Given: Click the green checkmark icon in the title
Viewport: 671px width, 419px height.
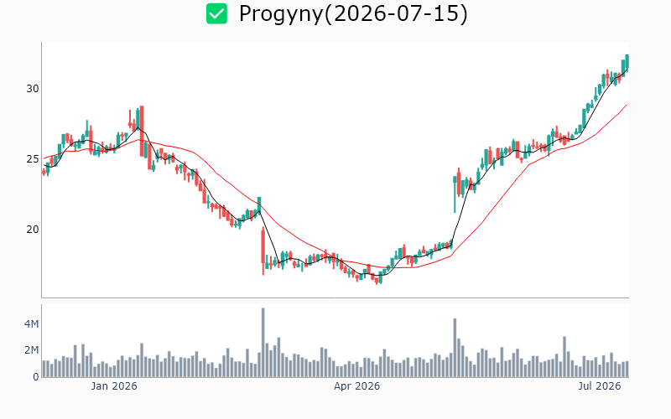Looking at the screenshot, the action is click(x=216, y=13).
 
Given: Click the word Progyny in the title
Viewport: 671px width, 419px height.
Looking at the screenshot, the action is click(x=280, y=14).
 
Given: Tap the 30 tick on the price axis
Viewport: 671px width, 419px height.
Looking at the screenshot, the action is click(x=33, y=89).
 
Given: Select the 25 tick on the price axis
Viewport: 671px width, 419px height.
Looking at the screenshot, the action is click(x=33, y=159).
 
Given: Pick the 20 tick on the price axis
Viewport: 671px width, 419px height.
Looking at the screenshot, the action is click(x=33, y=230).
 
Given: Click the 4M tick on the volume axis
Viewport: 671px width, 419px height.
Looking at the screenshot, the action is click(x=31, y=324).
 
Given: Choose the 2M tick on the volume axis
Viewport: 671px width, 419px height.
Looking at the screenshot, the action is click(x=31, y=350).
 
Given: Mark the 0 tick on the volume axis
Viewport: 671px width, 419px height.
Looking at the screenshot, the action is click(x=35, y=377).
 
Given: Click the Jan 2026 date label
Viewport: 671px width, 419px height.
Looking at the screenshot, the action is click(x=114, y=386).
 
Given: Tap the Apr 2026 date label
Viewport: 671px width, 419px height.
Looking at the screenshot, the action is click(x=357, y=386).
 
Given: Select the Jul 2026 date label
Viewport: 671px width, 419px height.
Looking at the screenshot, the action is click(x=600, y=386).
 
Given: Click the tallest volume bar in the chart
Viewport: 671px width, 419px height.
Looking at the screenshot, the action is click(x=263, y=343).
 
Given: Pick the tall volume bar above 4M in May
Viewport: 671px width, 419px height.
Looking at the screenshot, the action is click(x=455, y=348).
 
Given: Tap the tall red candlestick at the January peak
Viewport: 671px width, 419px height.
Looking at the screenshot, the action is click(x=142, y=131).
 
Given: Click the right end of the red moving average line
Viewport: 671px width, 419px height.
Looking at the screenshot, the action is click(x=627, y=104).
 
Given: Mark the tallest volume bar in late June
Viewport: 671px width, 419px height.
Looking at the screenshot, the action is click(x=564, y=357).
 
